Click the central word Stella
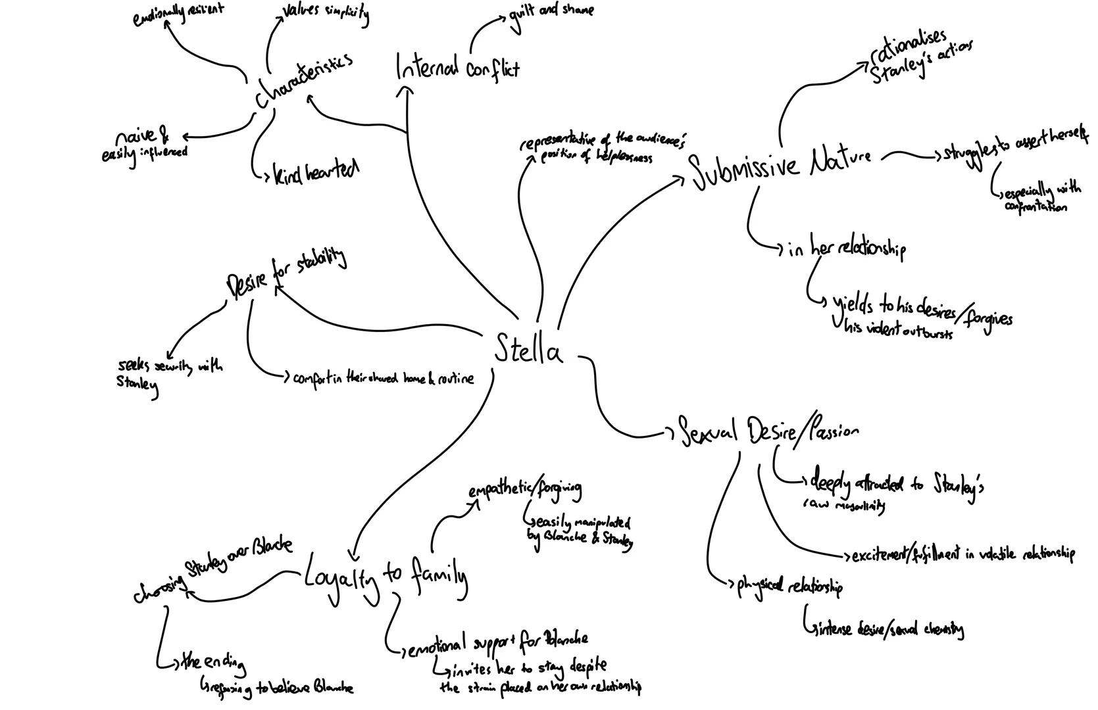528,350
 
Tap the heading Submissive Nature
782,164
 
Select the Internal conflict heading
457,68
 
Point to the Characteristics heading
304,80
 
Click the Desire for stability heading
286,271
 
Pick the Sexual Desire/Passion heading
768,431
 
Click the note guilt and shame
551,12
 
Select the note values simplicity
326,13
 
